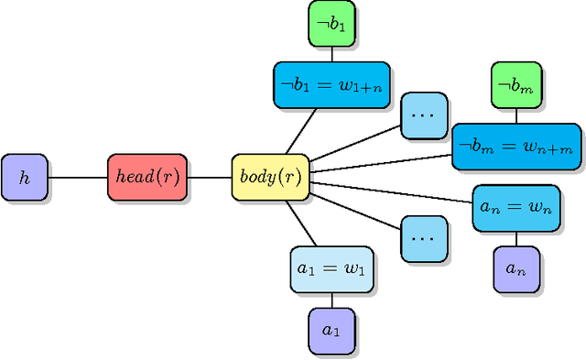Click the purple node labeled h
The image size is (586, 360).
25,178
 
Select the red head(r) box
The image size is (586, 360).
146,178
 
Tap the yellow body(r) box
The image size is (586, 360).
271,178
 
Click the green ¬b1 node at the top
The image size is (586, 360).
331,25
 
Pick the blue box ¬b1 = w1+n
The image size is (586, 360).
331,85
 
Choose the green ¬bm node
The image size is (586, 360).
515,85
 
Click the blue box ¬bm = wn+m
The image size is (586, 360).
516,147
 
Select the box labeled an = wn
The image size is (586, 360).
515,208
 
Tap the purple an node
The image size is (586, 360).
515,269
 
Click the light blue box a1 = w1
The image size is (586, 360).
331,269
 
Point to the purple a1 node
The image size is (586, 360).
331,330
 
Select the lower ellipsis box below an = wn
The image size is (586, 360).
424,239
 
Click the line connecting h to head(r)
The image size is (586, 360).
77,178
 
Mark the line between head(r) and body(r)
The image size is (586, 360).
210,178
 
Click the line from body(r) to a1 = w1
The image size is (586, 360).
301,224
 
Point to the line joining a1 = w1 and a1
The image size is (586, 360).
331,300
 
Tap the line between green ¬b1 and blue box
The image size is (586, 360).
331,55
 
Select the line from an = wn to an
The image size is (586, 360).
515,238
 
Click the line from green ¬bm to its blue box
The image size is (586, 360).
515,116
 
